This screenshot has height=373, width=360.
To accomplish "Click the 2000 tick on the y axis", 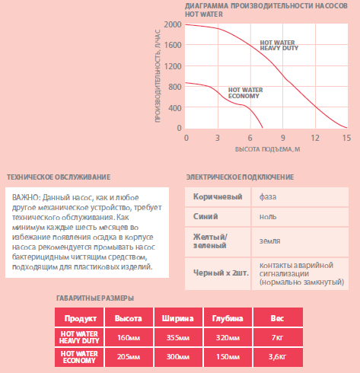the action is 173,24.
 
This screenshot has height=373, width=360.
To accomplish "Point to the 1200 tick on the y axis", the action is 173,66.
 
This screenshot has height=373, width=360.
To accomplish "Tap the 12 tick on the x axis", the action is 315,138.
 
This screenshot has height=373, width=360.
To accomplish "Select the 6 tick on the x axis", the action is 250,138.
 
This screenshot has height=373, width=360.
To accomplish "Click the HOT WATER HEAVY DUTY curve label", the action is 279,46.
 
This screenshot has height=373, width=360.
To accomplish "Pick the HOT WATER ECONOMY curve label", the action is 245,93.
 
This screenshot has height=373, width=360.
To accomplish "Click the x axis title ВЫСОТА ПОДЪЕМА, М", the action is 268,149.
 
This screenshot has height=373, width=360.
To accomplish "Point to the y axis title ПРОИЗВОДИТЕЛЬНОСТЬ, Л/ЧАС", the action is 158,76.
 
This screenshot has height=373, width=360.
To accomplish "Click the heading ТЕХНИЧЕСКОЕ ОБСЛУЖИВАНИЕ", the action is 59,177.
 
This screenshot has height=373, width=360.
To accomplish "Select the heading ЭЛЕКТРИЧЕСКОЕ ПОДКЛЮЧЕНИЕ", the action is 240,177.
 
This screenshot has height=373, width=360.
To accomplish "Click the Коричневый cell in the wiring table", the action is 218,197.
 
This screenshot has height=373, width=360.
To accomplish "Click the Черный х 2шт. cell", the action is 218,274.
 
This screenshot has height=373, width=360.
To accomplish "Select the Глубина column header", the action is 228,317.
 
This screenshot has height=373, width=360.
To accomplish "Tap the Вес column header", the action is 278,317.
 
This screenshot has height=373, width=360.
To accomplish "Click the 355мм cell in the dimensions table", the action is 178,337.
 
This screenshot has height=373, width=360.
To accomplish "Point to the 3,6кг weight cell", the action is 278,357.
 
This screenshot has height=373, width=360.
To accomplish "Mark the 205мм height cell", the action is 129,357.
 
